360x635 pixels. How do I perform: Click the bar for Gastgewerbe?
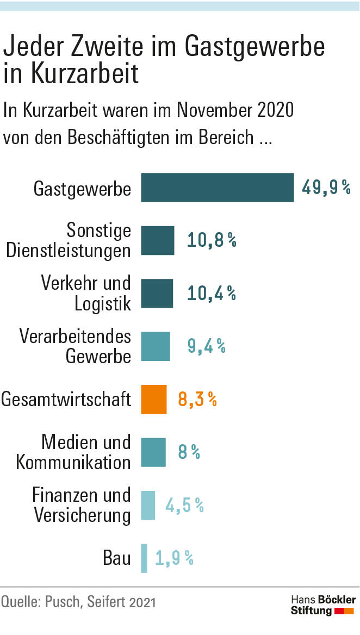[218, 188]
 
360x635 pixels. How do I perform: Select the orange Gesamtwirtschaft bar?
[154, 399]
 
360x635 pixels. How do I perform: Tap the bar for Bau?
[144, 558]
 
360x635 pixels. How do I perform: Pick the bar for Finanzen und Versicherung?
[148, 505]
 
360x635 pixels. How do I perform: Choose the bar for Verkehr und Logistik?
[157, 294]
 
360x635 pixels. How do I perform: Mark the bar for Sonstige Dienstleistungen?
[158, 240]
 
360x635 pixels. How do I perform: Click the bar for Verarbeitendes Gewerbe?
[156, 346]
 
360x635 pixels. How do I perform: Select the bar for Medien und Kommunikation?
[153, 452]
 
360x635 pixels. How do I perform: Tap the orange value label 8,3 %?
[197, 400]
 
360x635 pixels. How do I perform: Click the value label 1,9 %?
[174, 558]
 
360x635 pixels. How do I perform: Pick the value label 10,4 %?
[212, 294]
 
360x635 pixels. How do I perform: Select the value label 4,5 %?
[185, 506]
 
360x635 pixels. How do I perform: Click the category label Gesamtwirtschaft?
[66, 400]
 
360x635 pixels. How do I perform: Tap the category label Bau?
[117, 558]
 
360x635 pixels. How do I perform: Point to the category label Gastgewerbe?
[82, 189]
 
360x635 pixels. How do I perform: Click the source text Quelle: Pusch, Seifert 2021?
[78, 602]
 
